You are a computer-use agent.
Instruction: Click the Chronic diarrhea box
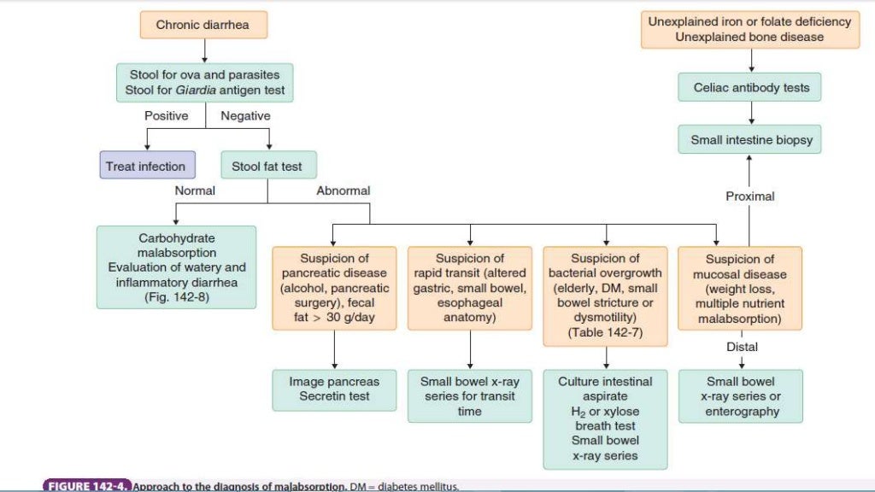(x=203, y=25)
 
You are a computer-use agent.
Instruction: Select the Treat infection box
(x=144, y=167)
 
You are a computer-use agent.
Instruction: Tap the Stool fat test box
(x=267, y=167)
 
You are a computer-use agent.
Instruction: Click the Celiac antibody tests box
(x=751, y=87)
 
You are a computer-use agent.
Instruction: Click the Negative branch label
(x=245, y=115)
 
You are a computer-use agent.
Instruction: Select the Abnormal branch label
(x=343, y=190)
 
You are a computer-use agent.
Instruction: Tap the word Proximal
(x=749, y=196)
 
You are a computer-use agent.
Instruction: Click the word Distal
(x=742, y=347)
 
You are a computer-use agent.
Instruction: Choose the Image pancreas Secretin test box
(x=334, y=389)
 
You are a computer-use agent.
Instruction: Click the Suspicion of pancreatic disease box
(x=334, y=289)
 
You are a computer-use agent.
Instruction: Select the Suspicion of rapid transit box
(x=470, y=289)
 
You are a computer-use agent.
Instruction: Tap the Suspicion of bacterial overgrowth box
(x=606, y=296)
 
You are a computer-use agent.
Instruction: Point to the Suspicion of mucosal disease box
(x=740, y=289)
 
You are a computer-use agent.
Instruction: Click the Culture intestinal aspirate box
(x=606, y=419)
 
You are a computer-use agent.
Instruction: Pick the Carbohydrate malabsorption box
(x=177, y=266)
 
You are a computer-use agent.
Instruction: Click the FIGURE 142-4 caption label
(x=86, y=486)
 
